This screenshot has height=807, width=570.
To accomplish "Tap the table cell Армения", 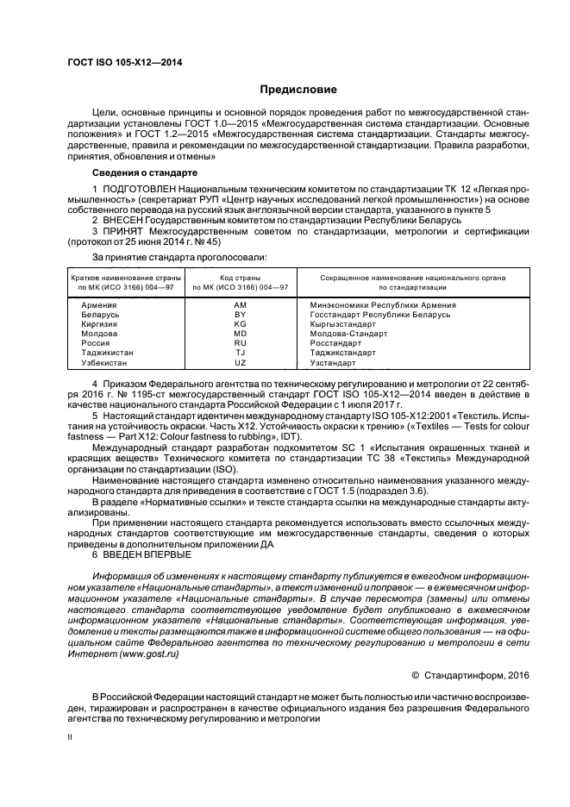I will tap(99, 305).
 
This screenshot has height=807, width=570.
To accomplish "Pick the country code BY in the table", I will tap(240, 315).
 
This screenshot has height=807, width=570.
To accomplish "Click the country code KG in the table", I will tap(240, 324).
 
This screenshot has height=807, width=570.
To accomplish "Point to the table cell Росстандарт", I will tap(336, 343).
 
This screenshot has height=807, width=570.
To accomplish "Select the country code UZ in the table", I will tap(240, 363).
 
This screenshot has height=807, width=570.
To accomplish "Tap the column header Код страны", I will tap(240, 278).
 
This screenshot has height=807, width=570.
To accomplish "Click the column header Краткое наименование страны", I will tap(126, 278).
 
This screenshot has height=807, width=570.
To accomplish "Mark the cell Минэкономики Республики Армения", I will tap(383, 305).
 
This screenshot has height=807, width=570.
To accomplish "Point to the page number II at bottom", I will tap(71, 738).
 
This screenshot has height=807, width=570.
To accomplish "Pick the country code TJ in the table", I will tap(240, 353).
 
